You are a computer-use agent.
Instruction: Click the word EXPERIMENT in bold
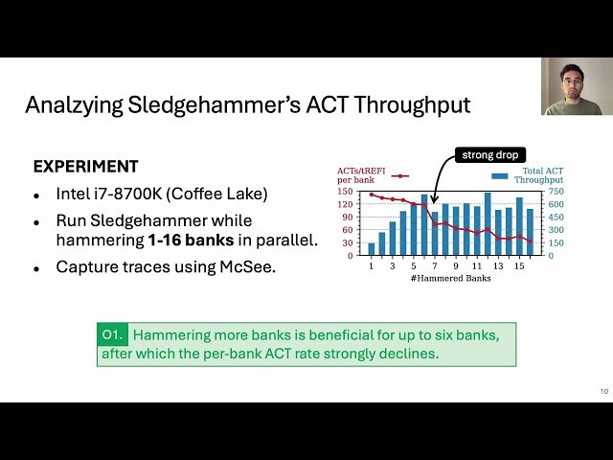[x=85, y=166]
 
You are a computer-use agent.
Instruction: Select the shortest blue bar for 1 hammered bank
[x=372, y=248]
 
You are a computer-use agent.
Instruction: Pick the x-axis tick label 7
[x=434, y=265]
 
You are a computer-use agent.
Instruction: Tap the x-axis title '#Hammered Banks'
[x=450, y=278]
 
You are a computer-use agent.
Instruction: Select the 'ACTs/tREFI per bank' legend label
[x=358, y=174]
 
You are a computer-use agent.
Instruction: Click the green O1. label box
[x=112, y=335]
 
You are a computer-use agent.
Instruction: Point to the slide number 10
[x=602, y=390]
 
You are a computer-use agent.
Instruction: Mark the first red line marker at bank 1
[x=372, y=195]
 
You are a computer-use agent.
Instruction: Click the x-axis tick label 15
[x=519, y=265]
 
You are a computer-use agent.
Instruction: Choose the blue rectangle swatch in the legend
[x=498, y=175]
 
